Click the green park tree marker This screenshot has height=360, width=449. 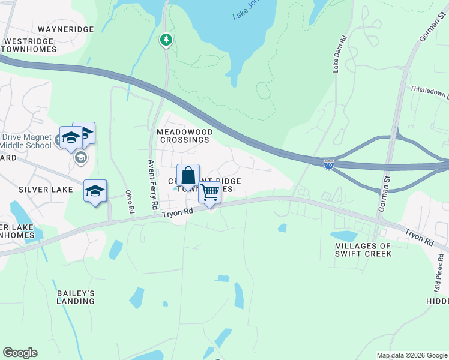click(x=166, y=40)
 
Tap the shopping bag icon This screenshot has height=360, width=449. click(x=188, y=176)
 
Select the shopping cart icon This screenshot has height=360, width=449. click(x=209, y=193)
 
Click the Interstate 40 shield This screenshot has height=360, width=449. click(x=328, y=163)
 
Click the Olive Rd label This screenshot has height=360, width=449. click(x=128, y=203)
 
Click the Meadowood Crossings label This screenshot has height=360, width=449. click(x=183, y=135)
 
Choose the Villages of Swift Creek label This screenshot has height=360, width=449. click(x=364, y=250)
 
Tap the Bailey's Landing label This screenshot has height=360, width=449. click(x=76, y=296)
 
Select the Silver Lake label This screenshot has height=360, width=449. click(x=46, y=189)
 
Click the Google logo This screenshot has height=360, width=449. click(x=20, y=353)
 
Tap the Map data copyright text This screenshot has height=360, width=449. click(x=412, y=355)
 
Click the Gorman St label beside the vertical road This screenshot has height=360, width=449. click(x=382, y=197)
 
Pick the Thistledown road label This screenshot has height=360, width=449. click(x=429, y=91)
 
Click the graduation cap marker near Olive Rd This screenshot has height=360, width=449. click(x=95, y=191)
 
